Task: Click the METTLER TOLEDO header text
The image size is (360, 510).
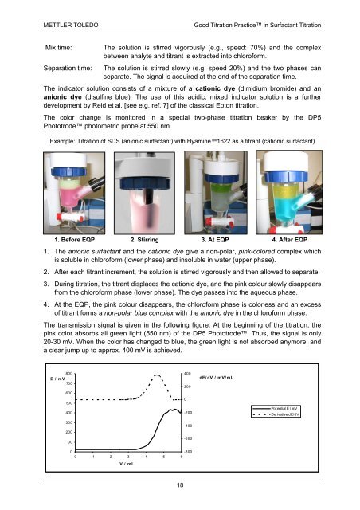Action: point(71,25)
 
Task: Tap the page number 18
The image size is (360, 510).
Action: point(180,485)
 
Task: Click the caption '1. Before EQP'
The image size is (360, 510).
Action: point(75,240)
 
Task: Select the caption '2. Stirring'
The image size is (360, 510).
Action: point(145,240)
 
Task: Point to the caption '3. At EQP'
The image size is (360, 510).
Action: point(215,240)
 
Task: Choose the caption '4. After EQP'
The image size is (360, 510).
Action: point(289,240)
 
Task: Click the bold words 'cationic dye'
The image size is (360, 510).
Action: point(215,88)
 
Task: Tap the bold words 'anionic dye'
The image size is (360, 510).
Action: point(62,97)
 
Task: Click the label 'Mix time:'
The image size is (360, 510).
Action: point(58,48)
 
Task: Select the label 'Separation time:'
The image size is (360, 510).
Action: point(68,68)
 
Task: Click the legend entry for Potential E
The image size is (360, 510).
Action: point(276,408)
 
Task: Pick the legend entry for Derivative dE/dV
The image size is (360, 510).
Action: point(276,414)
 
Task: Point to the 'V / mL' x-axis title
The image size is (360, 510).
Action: point(127,464)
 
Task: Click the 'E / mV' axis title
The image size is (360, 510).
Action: point(57,379)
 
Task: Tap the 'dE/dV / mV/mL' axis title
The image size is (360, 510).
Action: point(217,378)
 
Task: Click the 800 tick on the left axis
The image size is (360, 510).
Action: point(69,374)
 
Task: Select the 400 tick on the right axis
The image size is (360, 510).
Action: point(187,374)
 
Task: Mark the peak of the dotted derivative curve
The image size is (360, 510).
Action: point(157,375)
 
